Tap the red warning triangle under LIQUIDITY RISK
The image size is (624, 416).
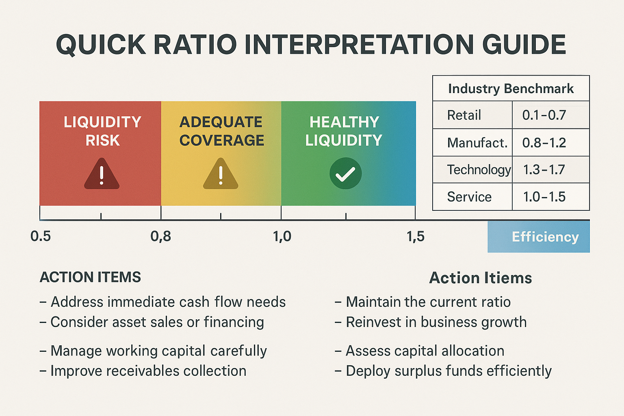tap(102, 175)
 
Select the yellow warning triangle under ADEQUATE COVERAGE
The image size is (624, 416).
tap(221, 175)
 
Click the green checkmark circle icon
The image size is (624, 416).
tap(345, 173)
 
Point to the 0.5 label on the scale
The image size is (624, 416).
tap(41, 236)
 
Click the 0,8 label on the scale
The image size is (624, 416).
tap(160, 236)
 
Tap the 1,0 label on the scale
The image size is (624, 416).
tap(282, 236)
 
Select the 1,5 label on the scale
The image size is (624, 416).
tap(415, 236)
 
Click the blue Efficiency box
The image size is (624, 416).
tap(539, 236)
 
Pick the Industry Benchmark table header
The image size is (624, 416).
tap(511, 89)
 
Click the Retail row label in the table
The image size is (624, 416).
tap(464, 115)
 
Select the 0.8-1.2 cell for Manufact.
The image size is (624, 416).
tap(544, 143)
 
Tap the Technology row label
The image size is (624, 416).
tap(479, 169)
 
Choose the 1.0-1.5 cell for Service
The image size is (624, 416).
tap(544, 197)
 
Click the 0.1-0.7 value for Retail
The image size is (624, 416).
tap(544, 115)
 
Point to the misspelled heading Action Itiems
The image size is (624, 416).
tap(480, 278)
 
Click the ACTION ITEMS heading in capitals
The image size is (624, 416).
tap(90, 277)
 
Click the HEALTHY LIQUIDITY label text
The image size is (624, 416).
tap(344, 131)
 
